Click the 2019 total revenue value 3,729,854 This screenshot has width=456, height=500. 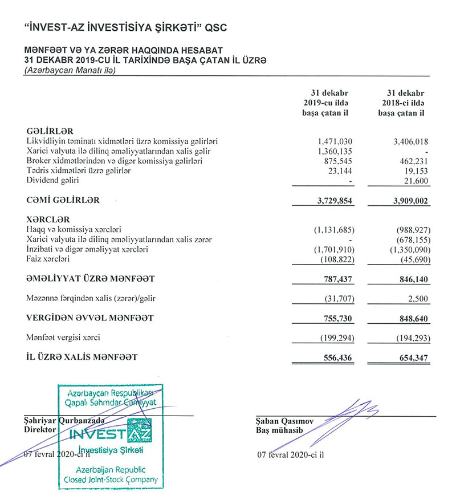pyautogui.click(x=331, y=200)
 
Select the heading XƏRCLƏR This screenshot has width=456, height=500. pyautogui.click(x=48, y=219)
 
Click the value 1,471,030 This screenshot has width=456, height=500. pyautogui.click(x=335, y=141)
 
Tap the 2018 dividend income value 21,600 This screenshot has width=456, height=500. pyautogui.click(x=415, y=180)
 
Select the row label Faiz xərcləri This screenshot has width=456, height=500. pyautogui.click(x=48, y=259)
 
